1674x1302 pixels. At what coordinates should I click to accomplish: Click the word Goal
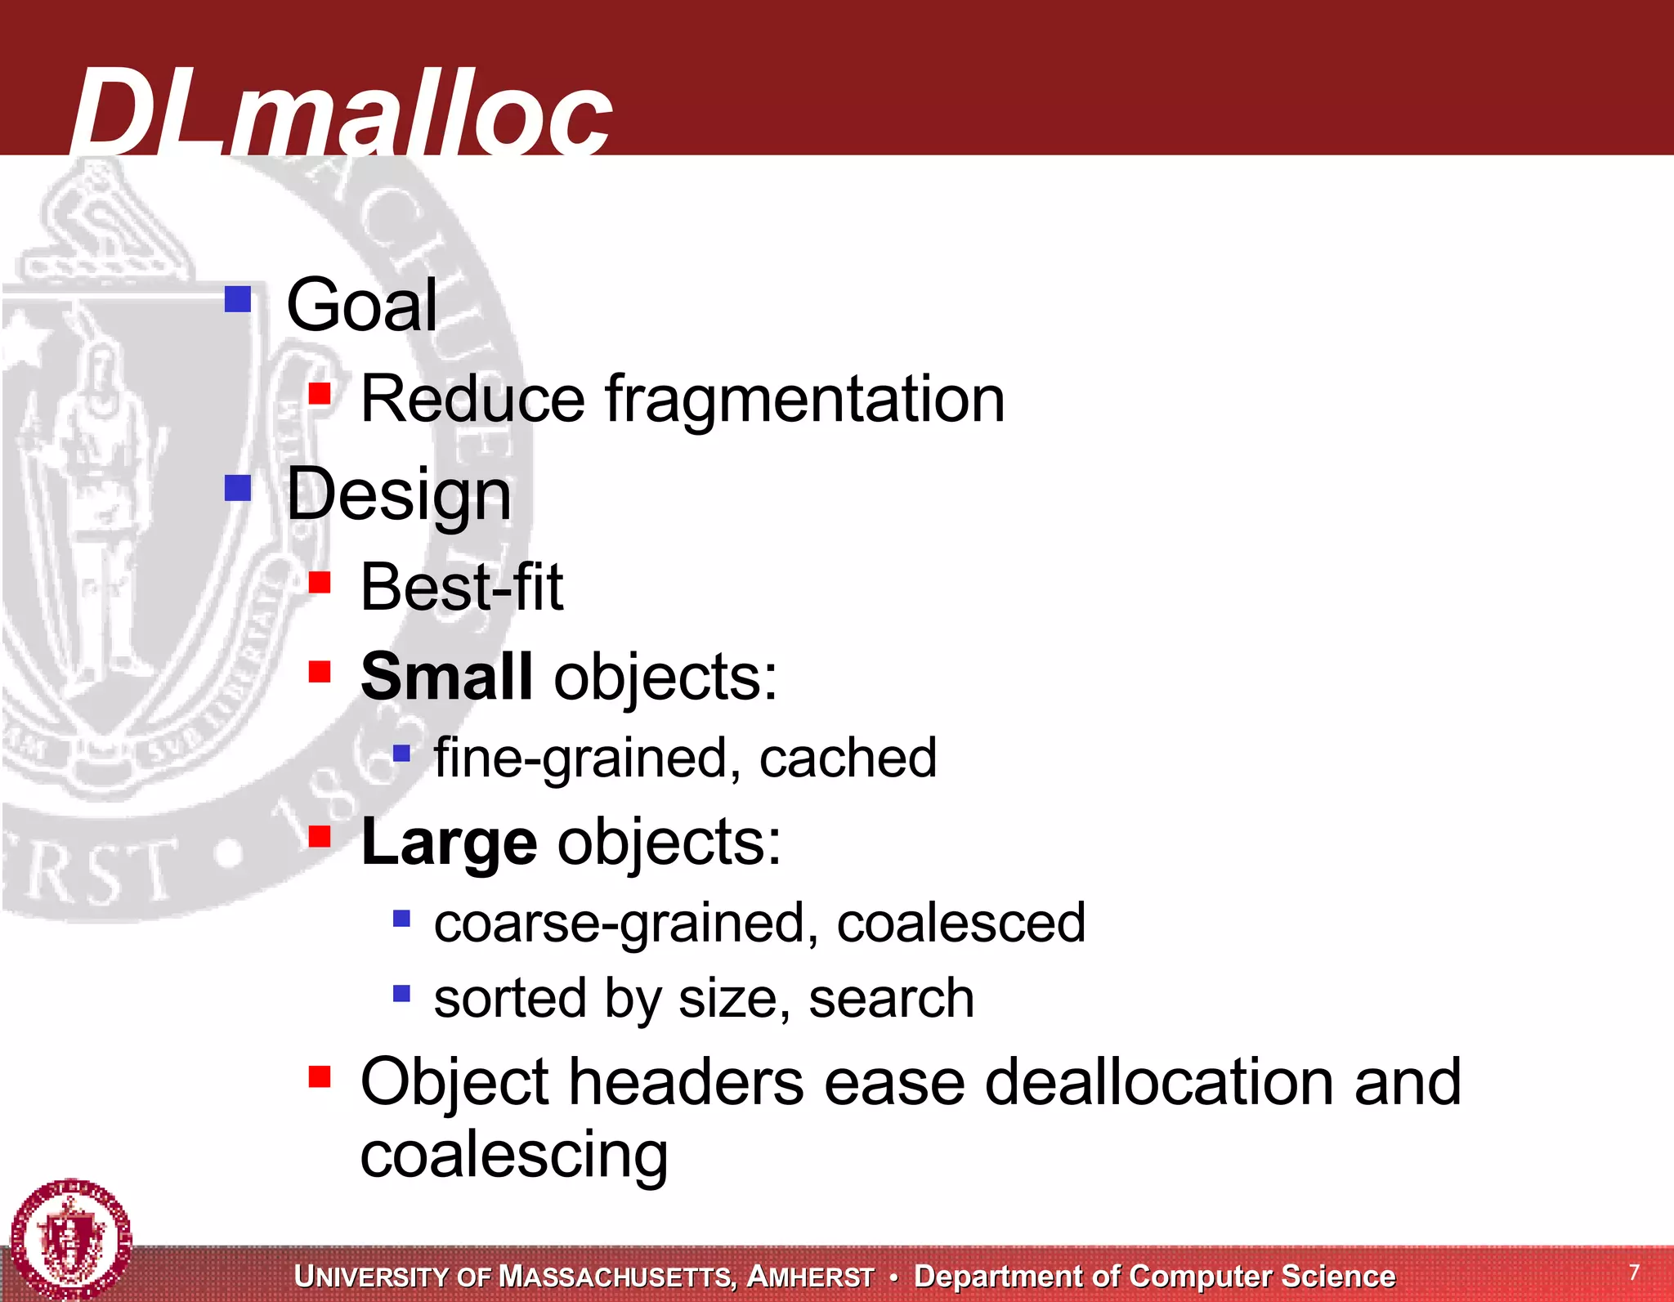(361, 305)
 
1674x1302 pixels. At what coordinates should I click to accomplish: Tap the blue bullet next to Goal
(238, 299)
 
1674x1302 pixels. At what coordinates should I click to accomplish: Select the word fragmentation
(804, 400)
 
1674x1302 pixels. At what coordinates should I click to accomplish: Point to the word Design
(399, 494)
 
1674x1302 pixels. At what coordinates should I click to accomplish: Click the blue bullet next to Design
(238, 488)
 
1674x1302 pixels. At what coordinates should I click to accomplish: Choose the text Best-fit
(462, 587)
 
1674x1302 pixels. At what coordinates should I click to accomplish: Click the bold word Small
(446, 677)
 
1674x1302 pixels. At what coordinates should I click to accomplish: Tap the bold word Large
(449, 842)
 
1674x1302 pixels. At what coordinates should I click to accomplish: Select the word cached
(848, 758)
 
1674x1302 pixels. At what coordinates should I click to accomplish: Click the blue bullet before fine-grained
(401, 753)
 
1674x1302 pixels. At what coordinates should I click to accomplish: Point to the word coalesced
(960, 923)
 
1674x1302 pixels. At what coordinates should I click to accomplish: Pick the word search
(891, 999)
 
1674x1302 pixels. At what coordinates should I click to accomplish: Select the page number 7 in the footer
(1634, 1272)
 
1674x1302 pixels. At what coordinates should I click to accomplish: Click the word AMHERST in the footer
(810, 1277)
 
